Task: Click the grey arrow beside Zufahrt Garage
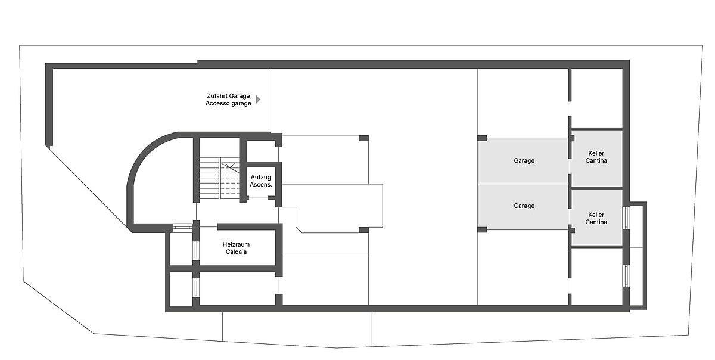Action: (x=258, y=100)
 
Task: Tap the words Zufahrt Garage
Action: (x=228, y=96)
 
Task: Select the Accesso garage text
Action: (x=228, y=103)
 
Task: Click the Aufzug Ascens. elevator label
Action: (x=261, y=181)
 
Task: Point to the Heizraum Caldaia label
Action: (x=236, y=248)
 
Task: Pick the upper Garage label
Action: (x=524, y=160)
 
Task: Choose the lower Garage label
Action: (x=524, y=206)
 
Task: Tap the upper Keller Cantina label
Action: (x=596, y=157)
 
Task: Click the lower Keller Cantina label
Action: (x=596, y=219)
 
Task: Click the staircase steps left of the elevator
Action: (x=210, y=178)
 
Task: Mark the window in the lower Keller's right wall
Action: (x=626, y=218)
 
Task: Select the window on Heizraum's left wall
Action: (x=196, y=251)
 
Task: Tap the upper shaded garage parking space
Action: (x=523, y=161)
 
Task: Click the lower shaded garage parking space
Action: (x=523, y=207)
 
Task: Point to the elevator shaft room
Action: (x=261, y=181)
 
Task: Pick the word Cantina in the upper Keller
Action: (x=596, y=160)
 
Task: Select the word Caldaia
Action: (x=236, y=252)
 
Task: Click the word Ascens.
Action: (x=261, y=184)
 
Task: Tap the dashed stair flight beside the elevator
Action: (x=230, y=181)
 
